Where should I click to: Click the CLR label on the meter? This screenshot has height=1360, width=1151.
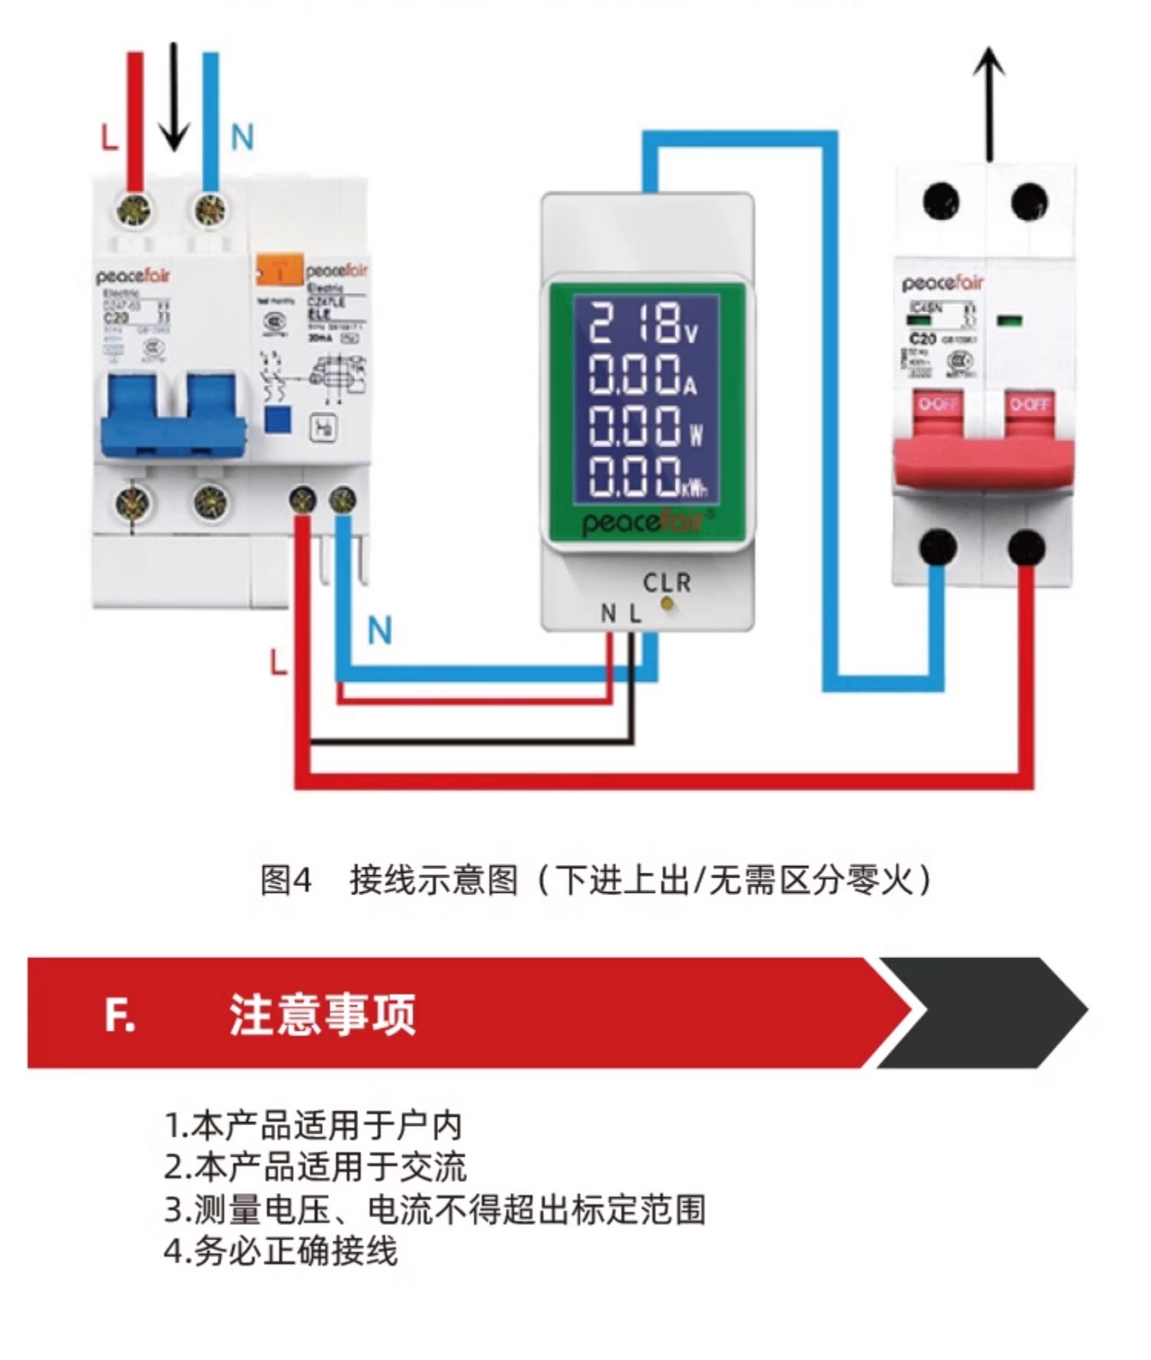tap(667, 583)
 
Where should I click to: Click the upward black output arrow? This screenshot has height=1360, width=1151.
tap(990, 104)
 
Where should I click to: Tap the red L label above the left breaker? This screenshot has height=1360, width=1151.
tap(110, 138)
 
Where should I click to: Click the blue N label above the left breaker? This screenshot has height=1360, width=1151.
tap(242, 138)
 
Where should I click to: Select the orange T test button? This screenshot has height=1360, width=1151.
tap(279, 270)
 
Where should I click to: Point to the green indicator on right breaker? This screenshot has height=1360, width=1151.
tap(1009, 320)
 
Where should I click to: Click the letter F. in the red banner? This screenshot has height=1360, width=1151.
tap(120, 1015)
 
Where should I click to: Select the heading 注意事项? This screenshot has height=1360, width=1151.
tap(322, 1015)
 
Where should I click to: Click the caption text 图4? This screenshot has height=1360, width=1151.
tap(285, 880)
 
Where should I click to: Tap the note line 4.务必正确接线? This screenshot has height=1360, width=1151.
tap(281, 1251)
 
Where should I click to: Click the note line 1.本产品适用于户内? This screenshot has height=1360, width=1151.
tap(313, 1126)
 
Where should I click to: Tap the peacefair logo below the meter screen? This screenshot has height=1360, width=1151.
tap(643, 522)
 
